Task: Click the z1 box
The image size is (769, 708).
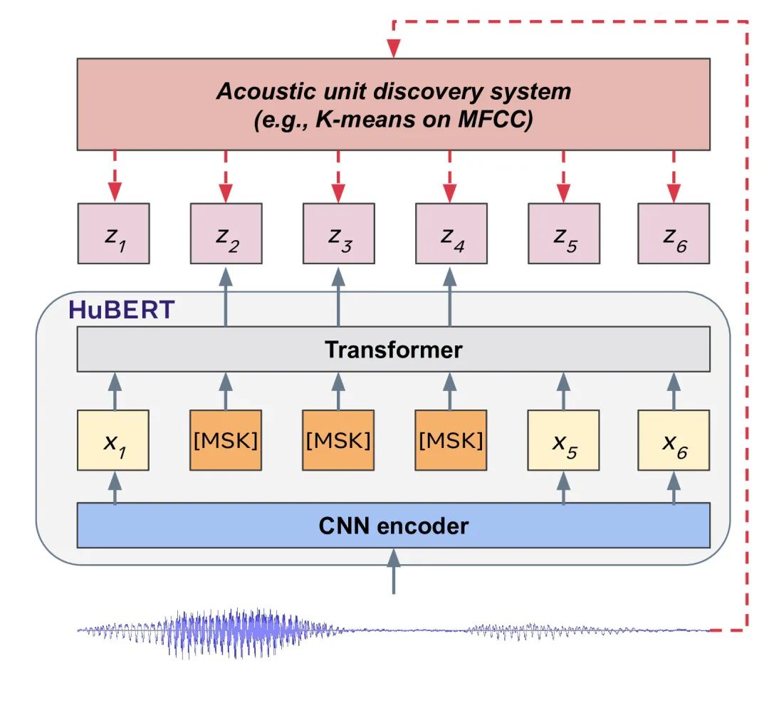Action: coord(113,234)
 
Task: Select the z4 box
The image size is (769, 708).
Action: coord(451,234)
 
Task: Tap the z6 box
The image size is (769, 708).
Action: coord(674,234)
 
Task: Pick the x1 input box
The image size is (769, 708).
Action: coord(113,440)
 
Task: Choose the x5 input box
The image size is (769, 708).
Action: coord(563,440)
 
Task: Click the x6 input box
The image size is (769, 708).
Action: coord(674,440)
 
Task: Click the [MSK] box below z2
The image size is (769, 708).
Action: coord(226,440)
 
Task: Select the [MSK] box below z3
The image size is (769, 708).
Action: coord(338,440)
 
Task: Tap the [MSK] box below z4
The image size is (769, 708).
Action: coord(451,440)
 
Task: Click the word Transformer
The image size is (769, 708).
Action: coord(393,350)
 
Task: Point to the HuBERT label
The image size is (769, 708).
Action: coord(121,310)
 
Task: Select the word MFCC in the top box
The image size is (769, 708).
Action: coord(494,119)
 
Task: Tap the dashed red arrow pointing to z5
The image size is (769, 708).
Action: coord(563,176)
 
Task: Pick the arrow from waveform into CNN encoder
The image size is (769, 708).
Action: coord(393,572)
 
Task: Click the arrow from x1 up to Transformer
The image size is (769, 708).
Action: coord(115,391)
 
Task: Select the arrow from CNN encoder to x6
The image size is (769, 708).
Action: coord(674,488)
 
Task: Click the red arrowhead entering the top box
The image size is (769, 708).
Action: coord(393,48)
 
